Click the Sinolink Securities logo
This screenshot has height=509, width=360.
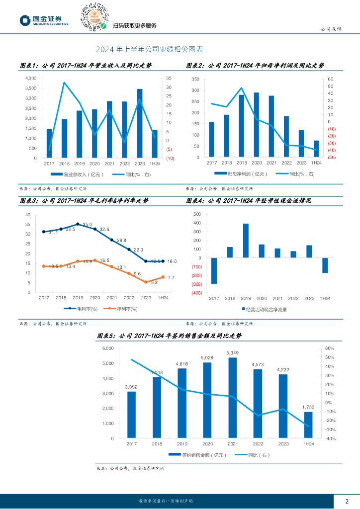point(44,20)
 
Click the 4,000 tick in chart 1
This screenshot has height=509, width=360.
point(30,79)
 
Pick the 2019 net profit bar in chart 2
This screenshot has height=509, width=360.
point(242,126)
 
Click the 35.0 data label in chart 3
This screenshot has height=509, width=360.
point(88,225)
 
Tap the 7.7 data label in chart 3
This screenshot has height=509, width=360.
point(171,277)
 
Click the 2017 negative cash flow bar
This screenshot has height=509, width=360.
point(214,270)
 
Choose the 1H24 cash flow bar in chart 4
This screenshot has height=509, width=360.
point(325,265)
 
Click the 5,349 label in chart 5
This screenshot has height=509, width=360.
point(232,353)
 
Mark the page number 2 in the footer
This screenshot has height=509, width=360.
point(347,501)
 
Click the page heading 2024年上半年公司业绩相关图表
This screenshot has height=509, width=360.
point(149,50)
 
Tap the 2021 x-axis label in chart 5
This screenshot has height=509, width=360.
point(232,443)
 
